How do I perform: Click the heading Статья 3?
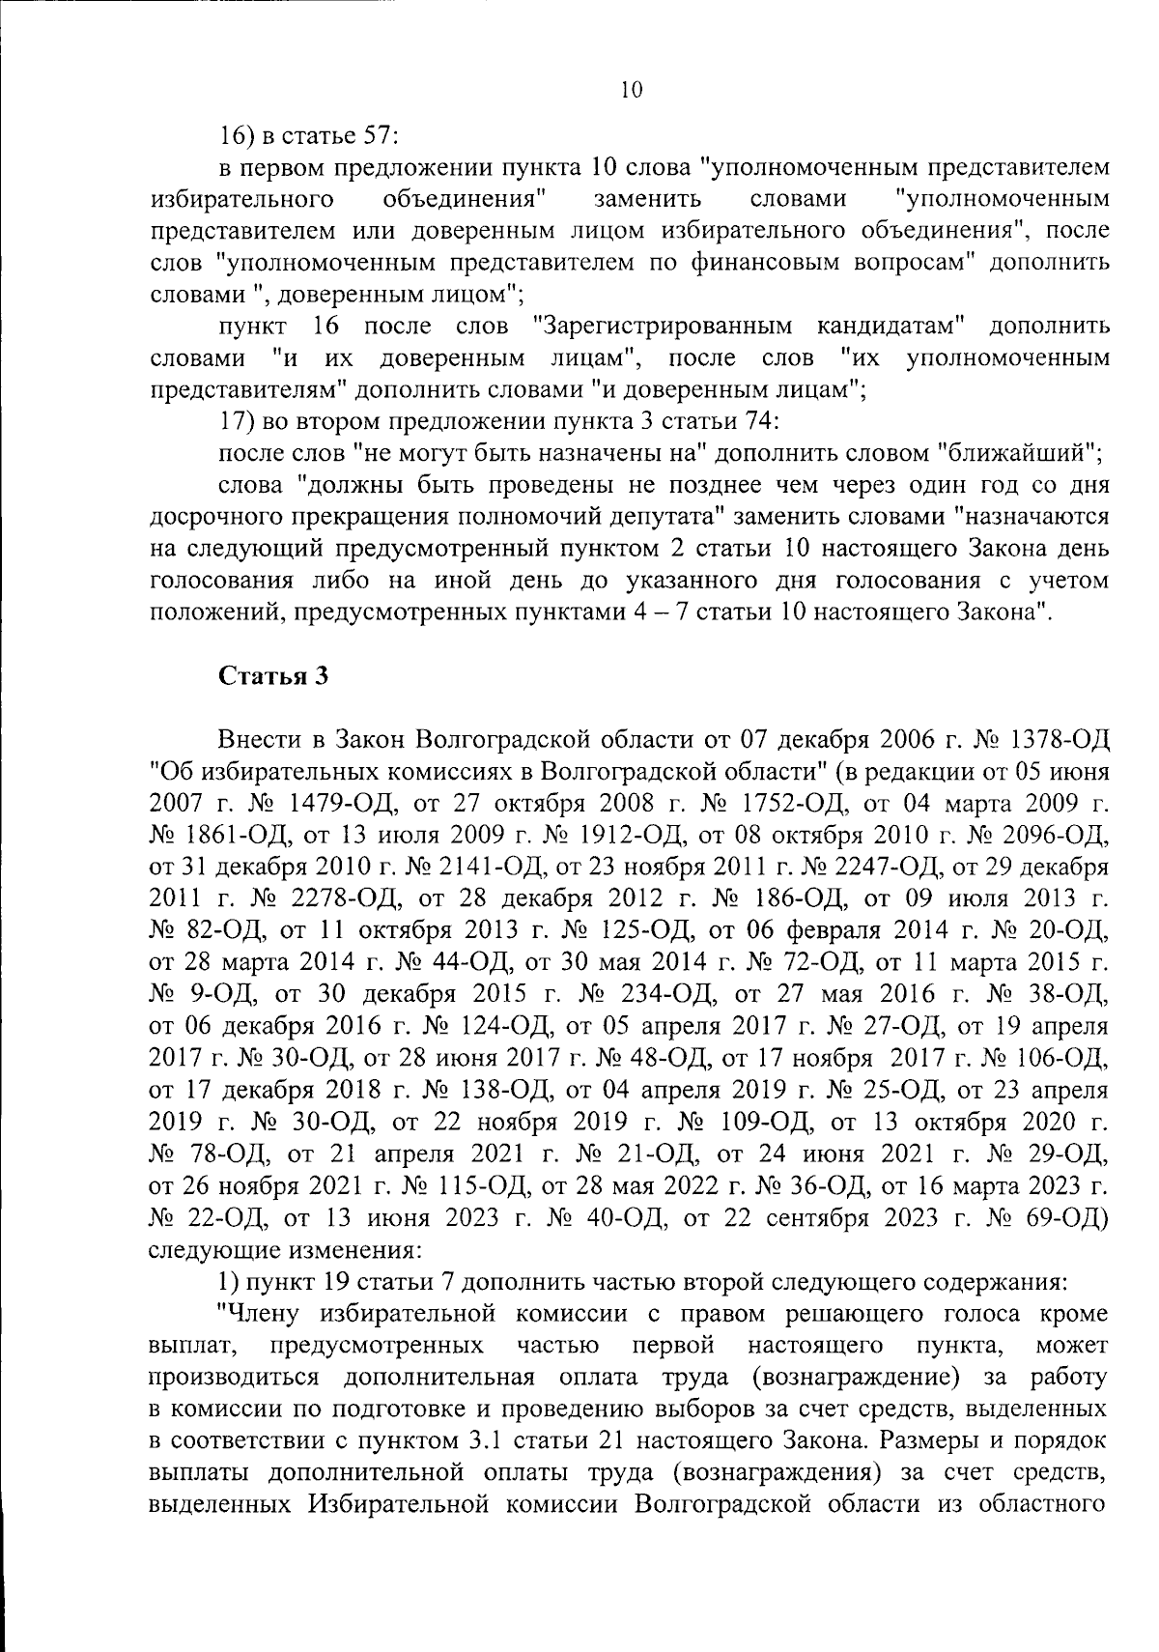tap(274, 676)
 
